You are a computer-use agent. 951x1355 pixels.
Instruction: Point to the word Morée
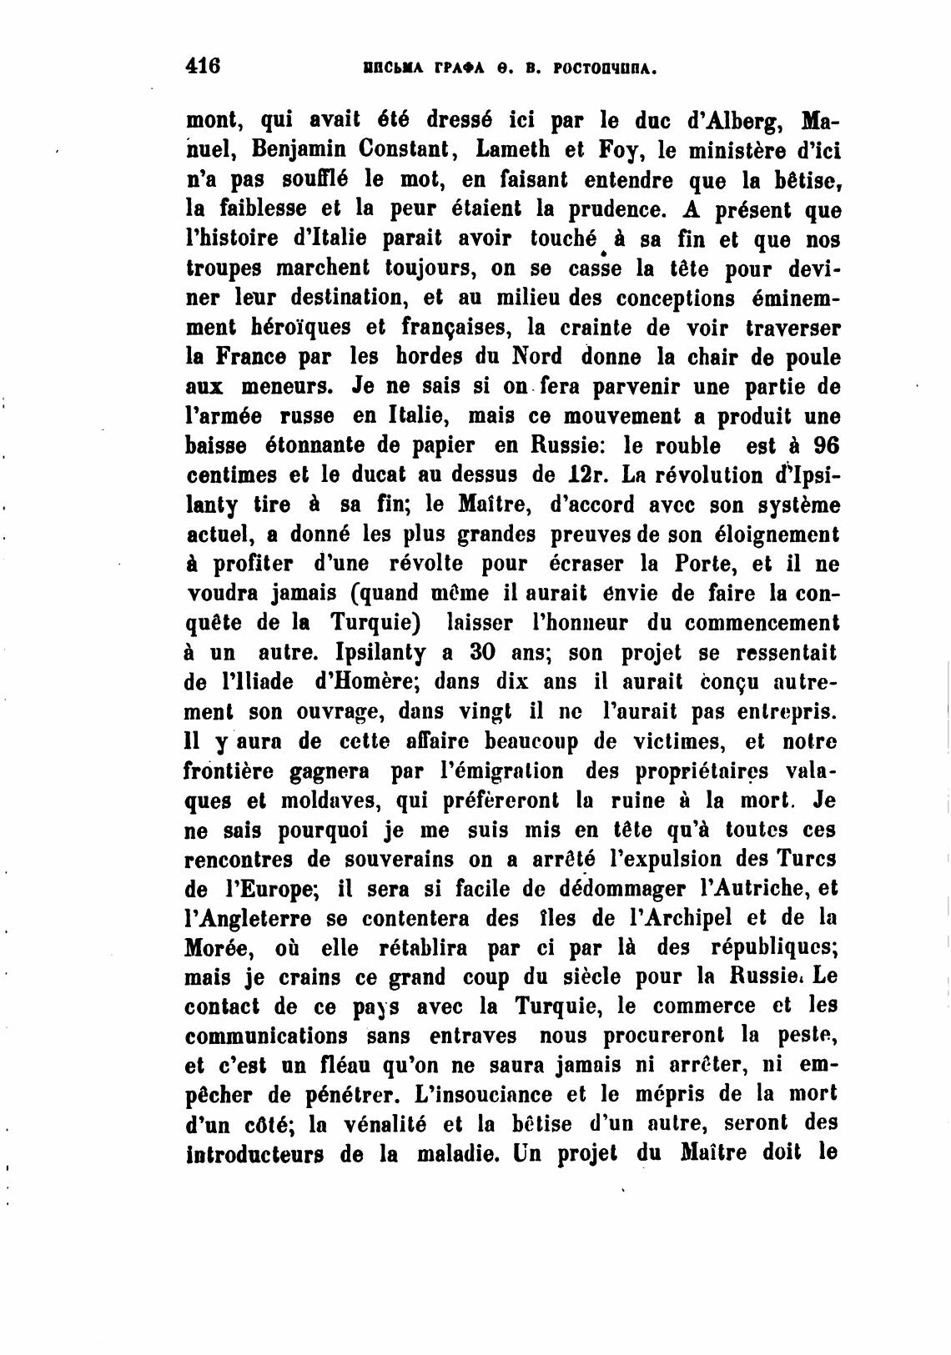tap(216, 948)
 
